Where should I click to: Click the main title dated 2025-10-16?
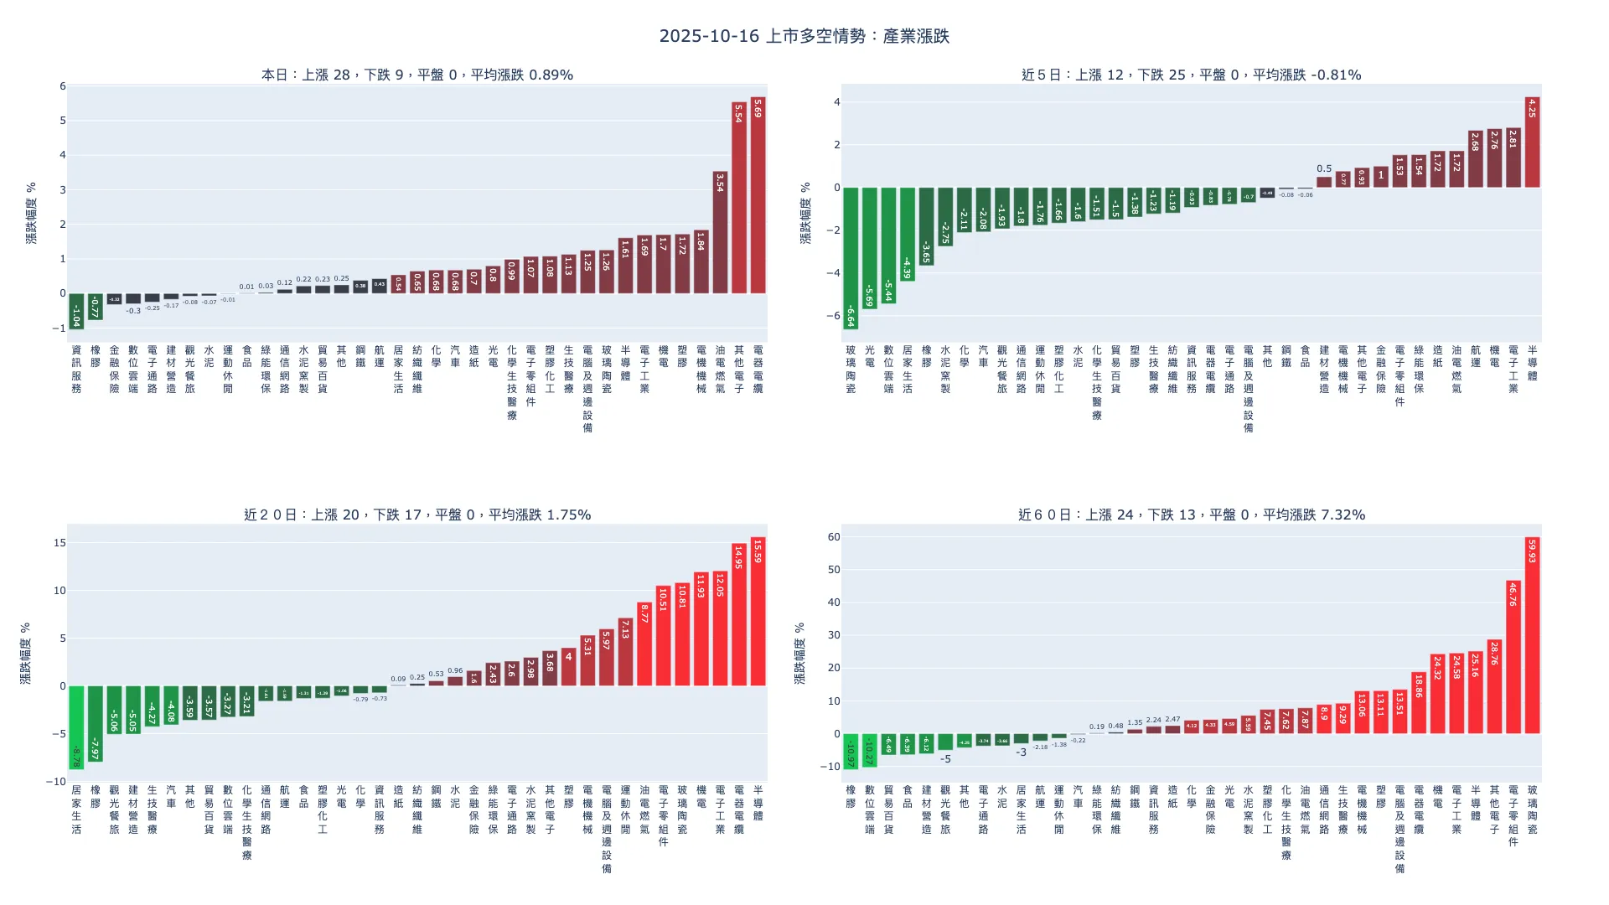pos(804,36)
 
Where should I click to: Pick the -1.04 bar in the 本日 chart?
pos(76,311)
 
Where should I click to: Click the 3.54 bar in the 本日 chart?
pos(720,232)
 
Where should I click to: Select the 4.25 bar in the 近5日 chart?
pos(1532,142)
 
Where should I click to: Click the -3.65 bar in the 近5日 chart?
pos(926,226)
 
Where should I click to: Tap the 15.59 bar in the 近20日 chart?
pos(758,612)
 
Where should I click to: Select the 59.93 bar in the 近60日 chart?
pos(1532,635)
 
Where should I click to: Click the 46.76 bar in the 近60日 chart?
pos(1513,657)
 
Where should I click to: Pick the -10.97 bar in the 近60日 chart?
pos(851,751)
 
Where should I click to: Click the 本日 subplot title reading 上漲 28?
pos(417,75)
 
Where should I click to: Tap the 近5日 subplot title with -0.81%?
pos(1191,75)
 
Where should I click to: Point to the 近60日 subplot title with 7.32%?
pos(1191,515)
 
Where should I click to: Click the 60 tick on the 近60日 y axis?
pos(833,537)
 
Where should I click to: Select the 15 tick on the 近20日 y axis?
pos(59,543)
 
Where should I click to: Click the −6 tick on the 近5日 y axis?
pos(834,316)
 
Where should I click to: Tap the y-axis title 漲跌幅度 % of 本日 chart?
pos(31,213)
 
